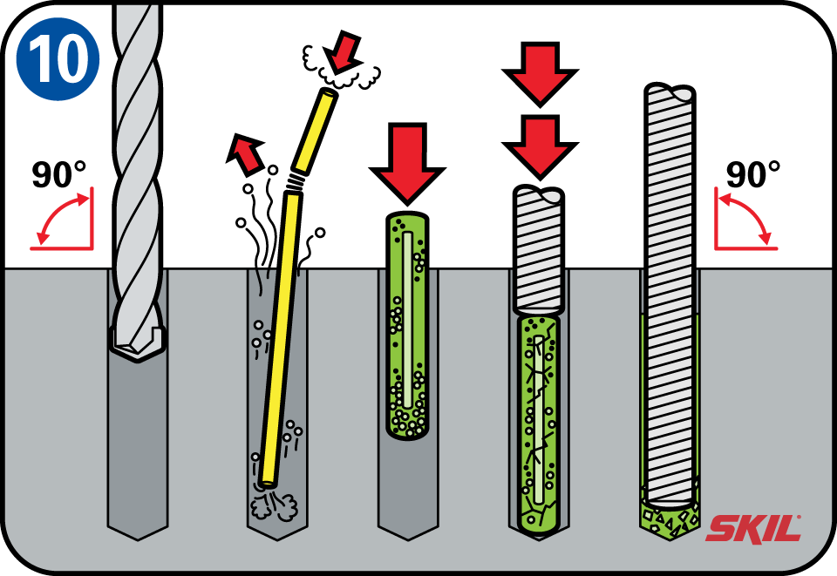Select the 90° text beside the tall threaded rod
pos(752,174)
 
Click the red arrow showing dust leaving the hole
pos(245,153)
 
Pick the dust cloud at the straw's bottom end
pos(269,505)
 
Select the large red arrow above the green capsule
pos(406,162)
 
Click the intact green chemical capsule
pos(406,326)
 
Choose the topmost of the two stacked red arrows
pos(541,71)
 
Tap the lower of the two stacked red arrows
pos(541,143)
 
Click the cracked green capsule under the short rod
pos(541,423)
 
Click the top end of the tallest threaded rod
pos(670,91)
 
